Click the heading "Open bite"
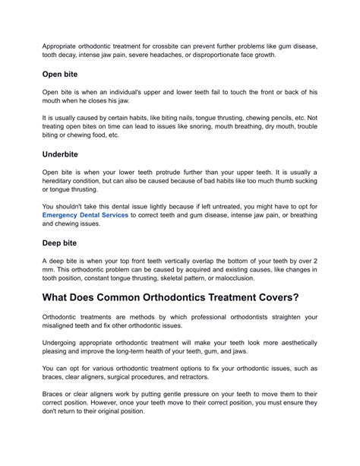pos(63,76)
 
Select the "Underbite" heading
pos(63,153)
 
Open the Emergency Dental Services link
pos(84,215)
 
